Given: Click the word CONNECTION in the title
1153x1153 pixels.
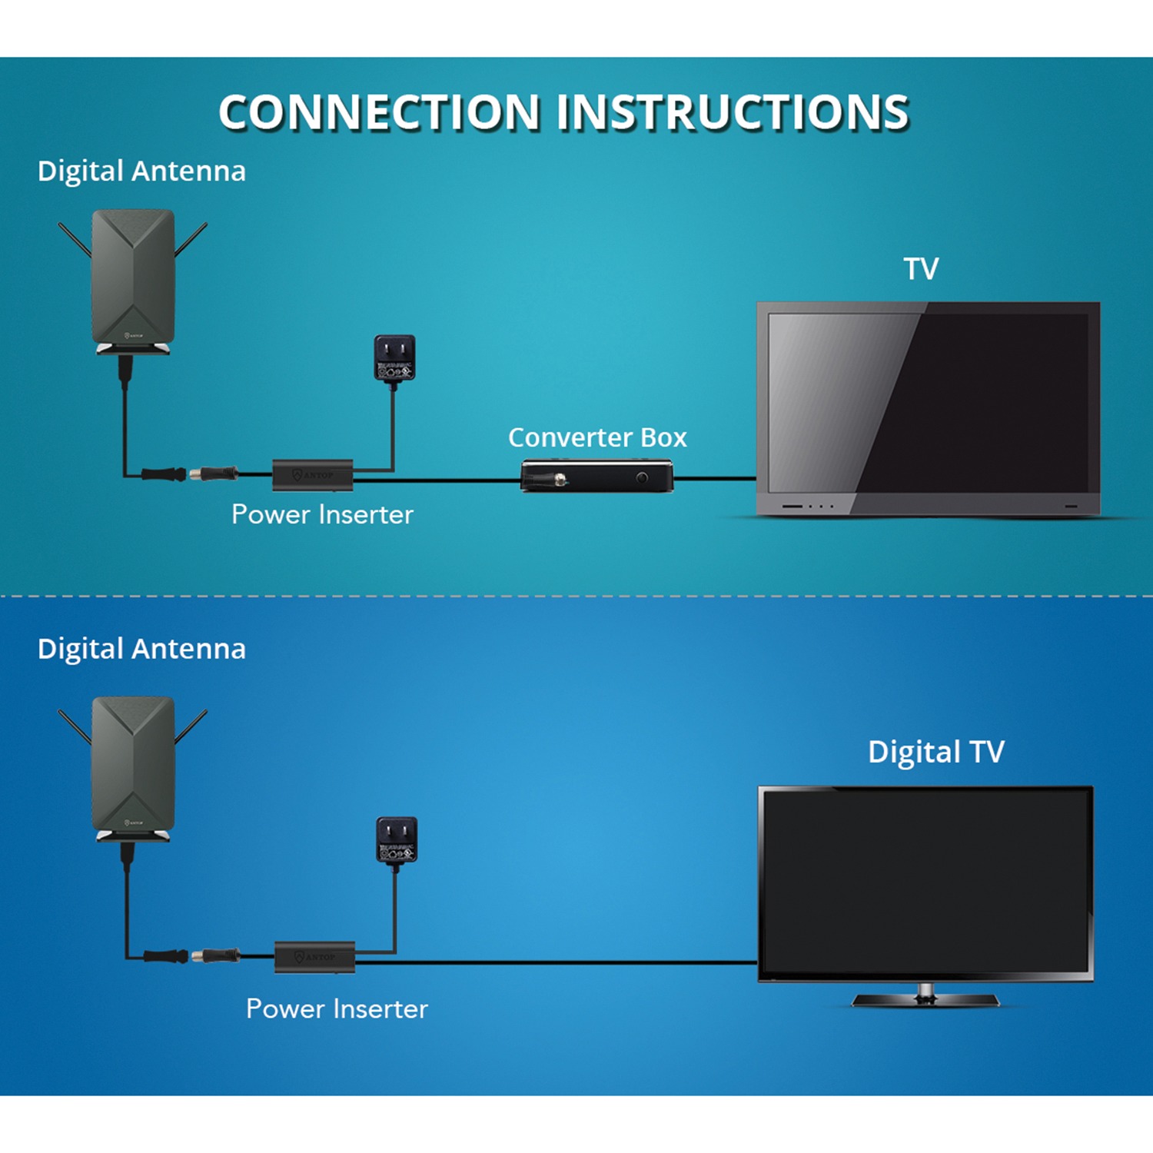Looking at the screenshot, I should [380, 112].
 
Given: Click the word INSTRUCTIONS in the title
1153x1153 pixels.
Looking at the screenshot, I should [733, 112].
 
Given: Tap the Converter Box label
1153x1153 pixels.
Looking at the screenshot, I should [597, 437].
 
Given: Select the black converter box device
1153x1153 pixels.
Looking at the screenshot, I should [596, 476].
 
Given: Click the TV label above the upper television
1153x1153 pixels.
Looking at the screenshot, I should [921, 269].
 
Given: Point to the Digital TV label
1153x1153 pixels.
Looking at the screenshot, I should [935, 752].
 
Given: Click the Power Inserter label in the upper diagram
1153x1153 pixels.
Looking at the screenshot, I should [322, 514].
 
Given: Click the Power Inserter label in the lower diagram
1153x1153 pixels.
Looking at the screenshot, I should [337, 1008].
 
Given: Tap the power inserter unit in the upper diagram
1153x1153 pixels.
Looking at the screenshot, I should [313, 475].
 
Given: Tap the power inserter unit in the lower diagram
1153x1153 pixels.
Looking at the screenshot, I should [315, 957].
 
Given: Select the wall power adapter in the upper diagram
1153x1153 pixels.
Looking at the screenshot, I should [394, 358].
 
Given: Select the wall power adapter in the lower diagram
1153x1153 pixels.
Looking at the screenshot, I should [397, 840].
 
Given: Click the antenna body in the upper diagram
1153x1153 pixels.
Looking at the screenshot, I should [133, 277].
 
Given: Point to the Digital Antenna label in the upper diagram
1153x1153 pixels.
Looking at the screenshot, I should [141, 171].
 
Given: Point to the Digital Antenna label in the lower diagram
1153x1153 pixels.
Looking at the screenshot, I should [141, 649].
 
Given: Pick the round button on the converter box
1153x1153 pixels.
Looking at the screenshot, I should [642, 478].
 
